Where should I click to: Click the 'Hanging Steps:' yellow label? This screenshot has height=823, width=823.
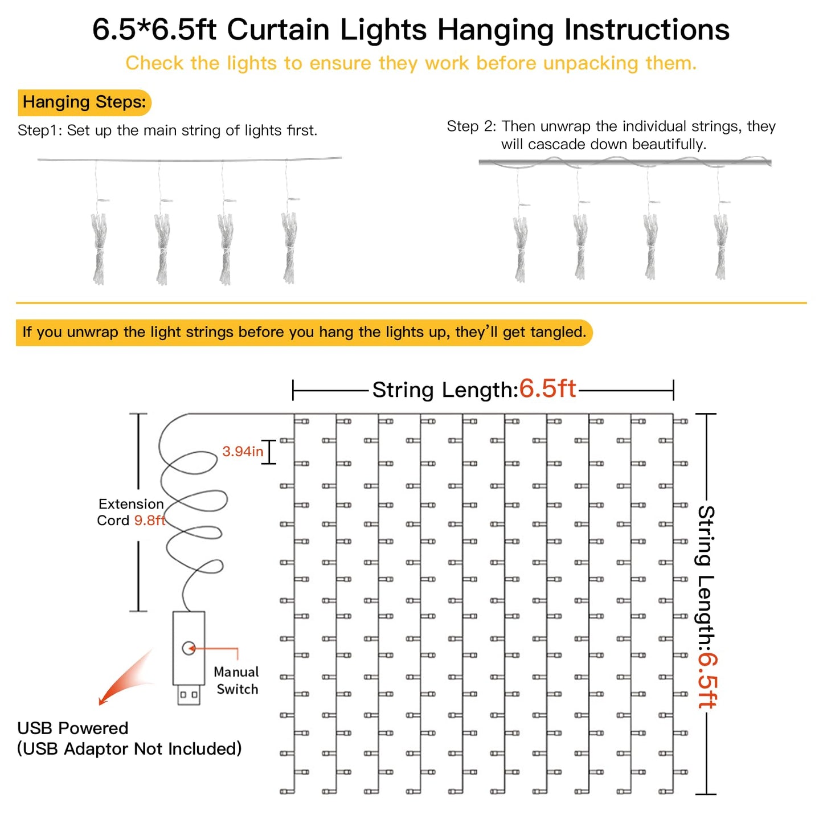point(84,103)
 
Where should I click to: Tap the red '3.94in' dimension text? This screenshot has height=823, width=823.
point(243,452)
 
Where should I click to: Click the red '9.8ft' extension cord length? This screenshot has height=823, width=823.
point(150,521)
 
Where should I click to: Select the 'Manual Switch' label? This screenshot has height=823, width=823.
point(236,681)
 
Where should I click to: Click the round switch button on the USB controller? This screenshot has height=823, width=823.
point(189,648)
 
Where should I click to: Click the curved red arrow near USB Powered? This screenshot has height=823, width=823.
point(125,678)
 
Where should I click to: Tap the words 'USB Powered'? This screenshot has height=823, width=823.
point(73,728)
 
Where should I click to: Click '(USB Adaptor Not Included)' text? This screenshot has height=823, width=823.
point(129,749)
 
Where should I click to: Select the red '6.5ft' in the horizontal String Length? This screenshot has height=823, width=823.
point(547,389)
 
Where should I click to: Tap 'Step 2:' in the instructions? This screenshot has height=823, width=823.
point(472,126)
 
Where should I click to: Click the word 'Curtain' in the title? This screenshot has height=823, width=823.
point(278,30)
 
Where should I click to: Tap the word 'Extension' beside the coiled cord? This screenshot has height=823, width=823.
point(131,504)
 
